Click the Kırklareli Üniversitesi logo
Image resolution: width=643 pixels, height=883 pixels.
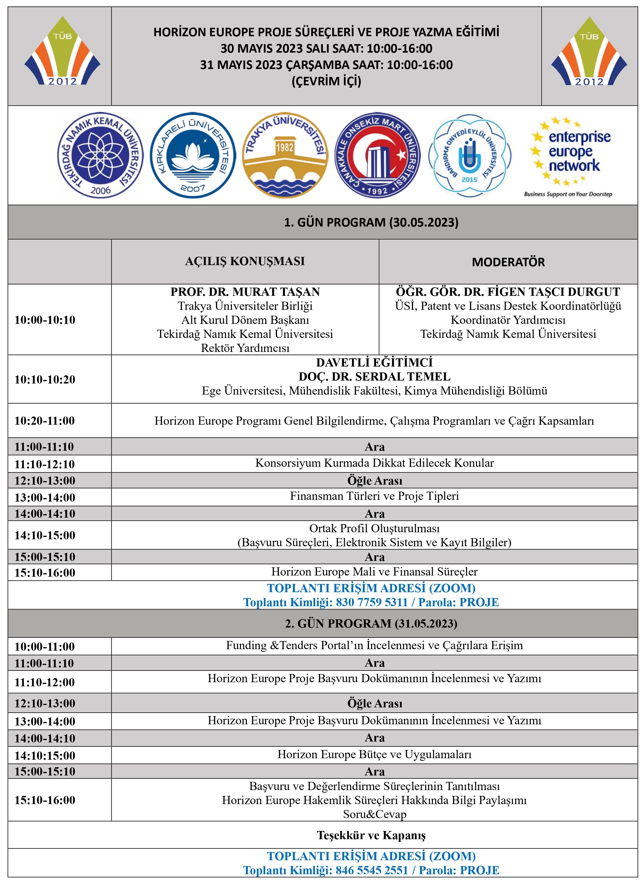[193, 155]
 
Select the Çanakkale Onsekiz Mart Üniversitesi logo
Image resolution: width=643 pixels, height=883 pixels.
[377, 155]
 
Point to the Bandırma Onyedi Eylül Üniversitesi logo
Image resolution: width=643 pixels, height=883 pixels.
[469, 155]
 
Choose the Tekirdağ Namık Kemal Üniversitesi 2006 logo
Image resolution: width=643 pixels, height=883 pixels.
[100, 155]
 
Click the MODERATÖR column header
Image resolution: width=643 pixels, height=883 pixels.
[508, 262]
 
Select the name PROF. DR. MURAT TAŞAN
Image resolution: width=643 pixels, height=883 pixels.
[245, 292]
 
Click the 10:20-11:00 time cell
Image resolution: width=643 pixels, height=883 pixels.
[45, 421]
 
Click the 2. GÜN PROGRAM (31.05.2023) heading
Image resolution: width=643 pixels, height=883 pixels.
[371, 624]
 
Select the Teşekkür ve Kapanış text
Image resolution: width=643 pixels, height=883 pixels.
[371, 835]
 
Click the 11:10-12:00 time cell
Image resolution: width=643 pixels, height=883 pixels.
[45, 682]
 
